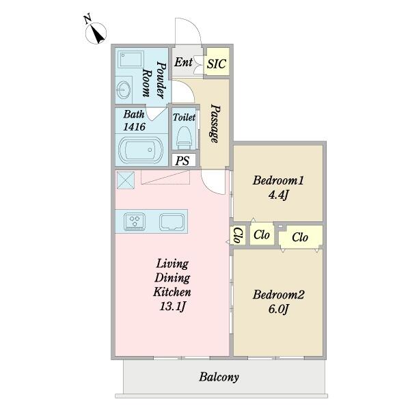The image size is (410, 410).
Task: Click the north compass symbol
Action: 96,32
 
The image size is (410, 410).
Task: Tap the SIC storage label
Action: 216,64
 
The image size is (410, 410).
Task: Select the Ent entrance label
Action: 183,62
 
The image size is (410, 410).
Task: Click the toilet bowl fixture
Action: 184,136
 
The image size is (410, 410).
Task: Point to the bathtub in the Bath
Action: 141,150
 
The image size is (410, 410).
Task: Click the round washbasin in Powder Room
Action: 123,90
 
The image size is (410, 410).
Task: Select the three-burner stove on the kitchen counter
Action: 135,221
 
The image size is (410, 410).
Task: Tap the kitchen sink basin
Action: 172,222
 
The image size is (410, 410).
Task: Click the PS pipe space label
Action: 182,161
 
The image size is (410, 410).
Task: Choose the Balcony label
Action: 219,377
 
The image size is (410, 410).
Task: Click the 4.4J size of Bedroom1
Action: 278,195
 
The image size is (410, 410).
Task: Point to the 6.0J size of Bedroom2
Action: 278,309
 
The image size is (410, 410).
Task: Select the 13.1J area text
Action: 173,306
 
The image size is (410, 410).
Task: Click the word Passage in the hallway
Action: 215,124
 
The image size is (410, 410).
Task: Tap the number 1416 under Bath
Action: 134,127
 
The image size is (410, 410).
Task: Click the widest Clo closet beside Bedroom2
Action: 300,237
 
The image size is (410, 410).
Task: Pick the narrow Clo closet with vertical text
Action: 238,235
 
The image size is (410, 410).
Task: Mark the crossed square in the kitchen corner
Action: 126,180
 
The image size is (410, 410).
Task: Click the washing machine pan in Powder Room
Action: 131,60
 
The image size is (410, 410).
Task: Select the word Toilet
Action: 184,117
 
